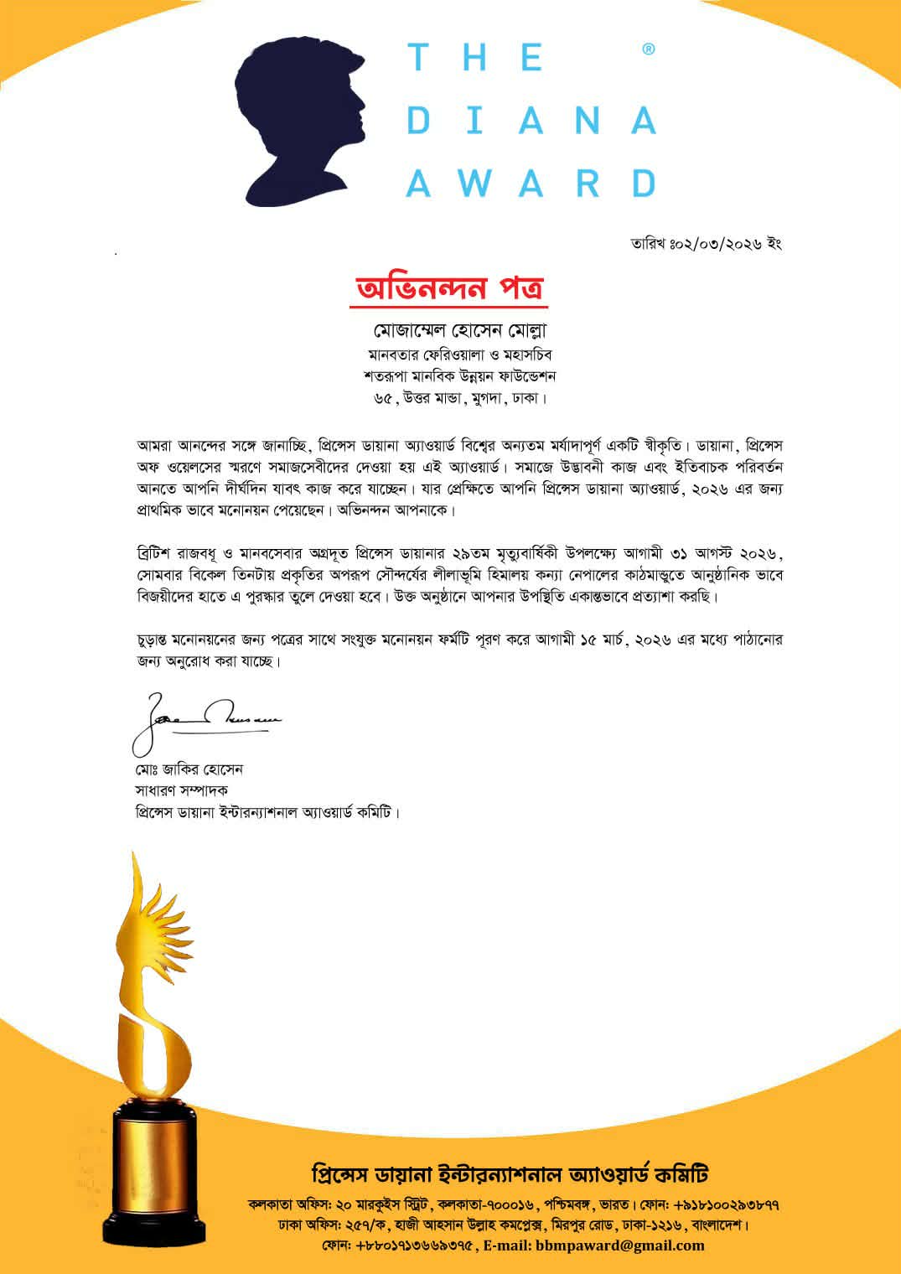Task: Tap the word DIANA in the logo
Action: click(531, 122)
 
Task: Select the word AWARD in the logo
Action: click(531, 183)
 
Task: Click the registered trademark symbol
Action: click(648, 49)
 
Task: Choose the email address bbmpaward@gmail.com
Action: click(621, 1245)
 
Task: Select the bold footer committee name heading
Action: click(510, 1173)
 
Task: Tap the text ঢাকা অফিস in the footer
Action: click(298, 1225)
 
